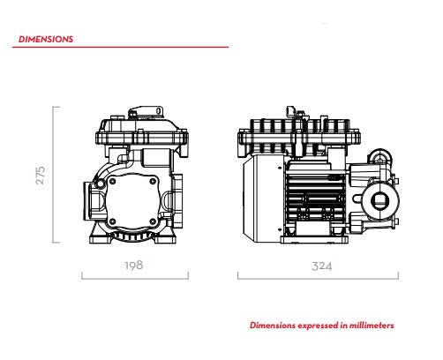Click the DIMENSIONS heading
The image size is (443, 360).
[46, 39]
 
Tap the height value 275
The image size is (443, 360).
[41, 176]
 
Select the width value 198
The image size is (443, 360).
[134, 266]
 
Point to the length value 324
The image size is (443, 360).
[322, 266]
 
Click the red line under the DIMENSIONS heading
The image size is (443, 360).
[120, 47]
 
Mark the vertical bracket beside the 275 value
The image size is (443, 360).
[54, 175]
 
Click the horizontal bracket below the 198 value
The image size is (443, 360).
[135, 278]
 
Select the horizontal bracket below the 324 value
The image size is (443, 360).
[318, 278]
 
